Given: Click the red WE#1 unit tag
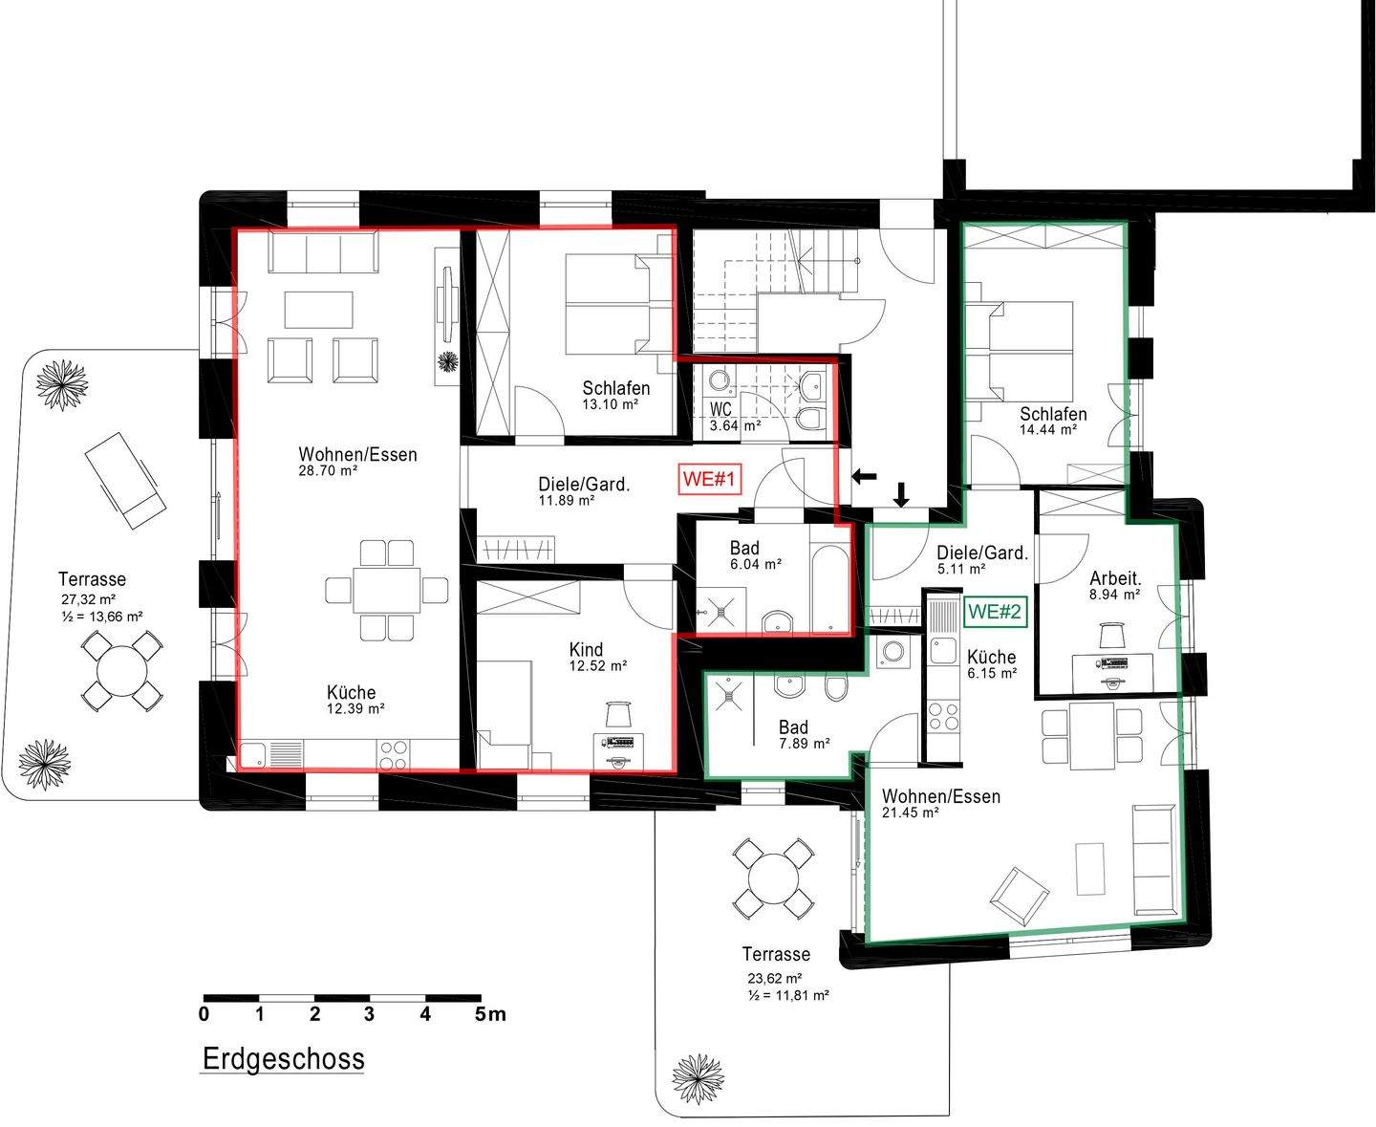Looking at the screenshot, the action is [709, 480].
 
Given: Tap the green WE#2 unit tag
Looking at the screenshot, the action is [995, 612].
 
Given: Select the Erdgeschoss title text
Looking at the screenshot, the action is [283, 1058].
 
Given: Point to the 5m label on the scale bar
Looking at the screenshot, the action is [489, 1013].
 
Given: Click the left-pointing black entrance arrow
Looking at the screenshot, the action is [865, 477].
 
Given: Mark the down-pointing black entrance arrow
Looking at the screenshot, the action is [901, 494].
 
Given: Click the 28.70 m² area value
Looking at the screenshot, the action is [328, 470].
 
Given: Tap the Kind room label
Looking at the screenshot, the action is [586, 649].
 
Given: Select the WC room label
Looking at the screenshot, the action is [720, 409].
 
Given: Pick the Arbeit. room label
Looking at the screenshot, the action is [1115, 578].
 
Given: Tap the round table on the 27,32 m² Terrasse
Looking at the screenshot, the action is [122, 671].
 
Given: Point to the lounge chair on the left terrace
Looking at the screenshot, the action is [125, 480].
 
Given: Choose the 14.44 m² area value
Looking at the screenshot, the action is [1048, 430].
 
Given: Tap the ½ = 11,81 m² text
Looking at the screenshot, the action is [788, 996].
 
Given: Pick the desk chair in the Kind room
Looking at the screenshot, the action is [618, 713].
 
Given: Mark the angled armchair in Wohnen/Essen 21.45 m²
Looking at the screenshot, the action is [1020, 896].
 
